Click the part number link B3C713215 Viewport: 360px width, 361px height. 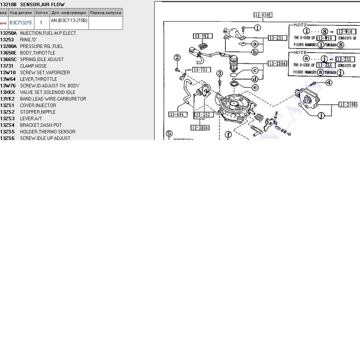20,23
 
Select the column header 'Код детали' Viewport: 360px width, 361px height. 21,13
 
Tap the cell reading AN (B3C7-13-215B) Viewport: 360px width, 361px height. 69,20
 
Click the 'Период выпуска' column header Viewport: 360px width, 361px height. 106,13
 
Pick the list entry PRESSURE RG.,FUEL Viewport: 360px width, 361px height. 41,46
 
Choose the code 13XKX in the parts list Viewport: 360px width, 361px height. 8,92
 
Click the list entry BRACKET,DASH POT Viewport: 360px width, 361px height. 41,125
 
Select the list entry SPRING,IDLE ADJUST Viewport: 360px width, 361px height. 42,60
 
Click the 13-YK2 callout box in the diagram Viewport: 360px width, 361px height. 202,36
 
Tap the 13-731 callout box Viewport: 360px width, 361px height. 201,70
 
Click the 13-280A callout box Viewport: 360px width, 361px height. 200,128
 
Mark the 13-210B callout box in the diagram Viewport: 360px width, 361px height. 348,104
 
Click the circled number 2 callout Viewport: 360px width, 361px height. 177,58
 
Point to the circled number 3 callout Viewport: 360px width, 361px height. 220,73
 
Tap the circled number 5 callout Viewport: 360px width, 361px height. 169,134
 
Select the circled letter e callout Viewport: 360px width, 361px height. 255,87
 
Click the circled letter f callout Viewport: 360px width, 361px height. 229,135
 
